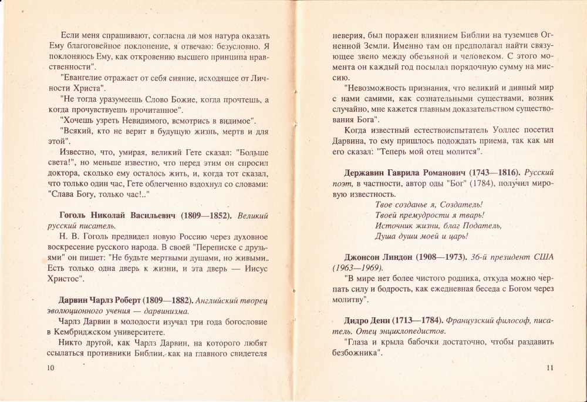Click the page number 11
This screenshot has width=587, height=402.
550,368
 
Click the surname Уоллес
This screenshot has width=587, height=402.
509,130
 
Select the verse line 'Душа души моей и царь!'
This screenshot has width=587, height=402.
421,236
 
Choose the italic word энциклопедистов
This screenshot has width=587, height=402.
408,331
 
